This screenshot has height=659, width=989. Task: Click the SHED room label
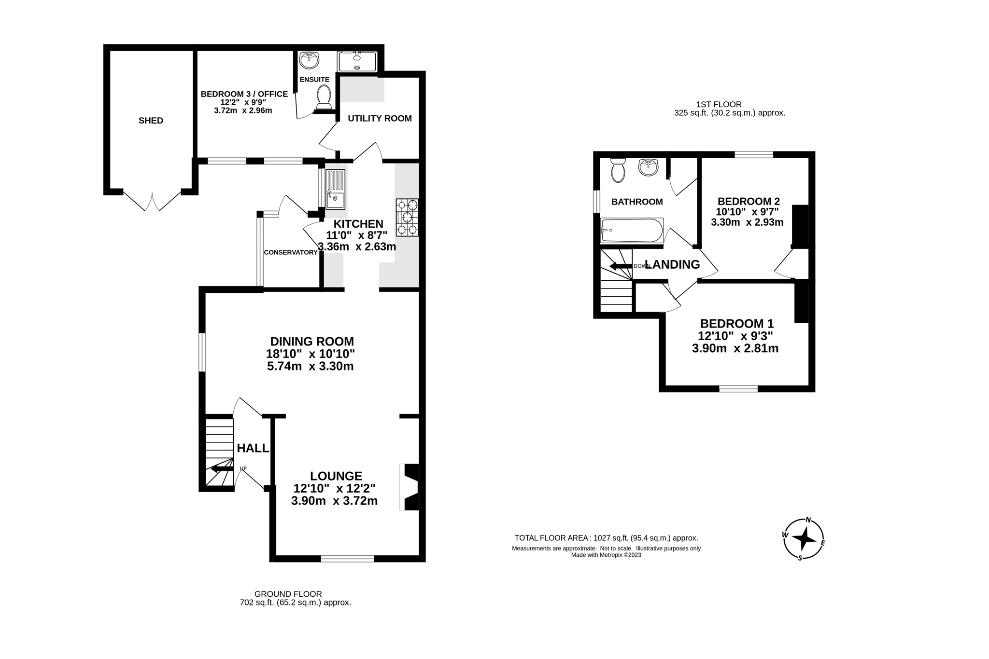(x=151, y=121)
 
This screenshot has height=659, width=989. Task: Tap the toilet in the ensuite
(x=324, y=97)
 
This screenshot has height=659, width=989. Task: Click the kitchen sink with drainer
(x=336, y=189)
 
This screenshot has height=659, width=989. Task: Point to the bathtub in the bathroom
(x=632, y=231)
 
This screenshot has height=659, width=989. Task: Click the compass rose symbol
(x=804, y=538)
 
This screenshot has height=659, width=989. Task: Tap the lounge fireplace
(x=410, y=487)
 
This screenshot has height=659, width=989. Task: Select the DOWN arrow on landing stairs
(x=620, y=266)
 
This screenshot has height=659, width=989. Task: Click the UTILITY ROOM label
(x=380, y=119)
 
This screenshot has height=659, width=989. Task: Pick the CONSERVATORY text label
(x=290, y=252)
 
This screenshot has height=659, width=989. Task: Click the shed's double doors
(x=152, y=202)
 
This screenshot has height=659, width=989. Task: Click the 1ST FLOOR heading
(x=719, y=104)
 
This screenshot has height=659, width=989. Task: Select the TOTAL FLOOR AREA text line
(x=606, y=538)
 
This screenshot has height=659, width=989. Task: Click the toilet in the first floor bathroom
(x=618, y=171)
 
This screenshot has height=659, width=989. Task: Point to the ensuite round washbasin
(x=309, y=61)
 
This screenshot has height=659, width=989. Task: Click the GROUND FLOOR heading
(x=288, y=594)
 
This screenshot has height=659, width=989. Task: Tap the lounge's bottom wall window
(x=347, y=559)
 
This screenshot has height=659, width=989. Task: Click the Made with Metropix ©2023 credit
(x=606, y=555)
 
